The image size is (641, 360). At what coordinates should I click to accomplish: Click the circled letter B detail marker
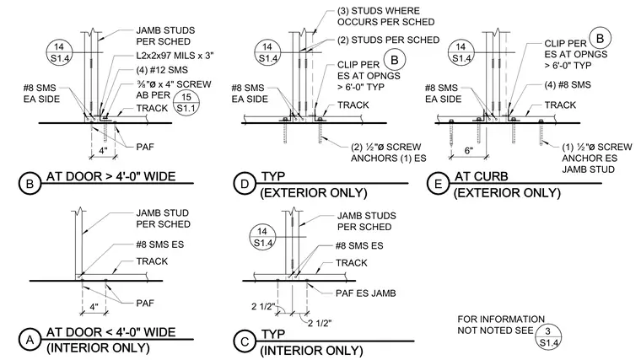(x=30, y=184)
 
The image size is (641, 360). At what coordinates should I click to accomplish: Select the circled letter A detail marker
(x=30, y=340)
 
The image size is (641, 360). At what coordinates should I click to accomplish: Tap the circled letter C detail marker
(x=245, y=341)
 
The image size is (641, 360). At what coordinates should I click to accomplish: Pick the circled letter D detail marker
(x=245, y=184)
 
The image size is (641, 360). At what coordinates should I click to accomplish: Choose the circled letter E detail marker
(x=438, y=184)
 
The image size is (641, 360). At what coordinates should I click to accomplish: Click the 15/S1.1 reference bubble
(x=186, y=103)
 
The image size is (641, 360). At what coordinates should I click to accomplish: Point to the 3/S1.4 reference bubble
(x=547, y=336)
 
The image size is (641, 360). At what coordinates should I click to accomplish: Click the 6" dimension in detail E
(x=468, y=150)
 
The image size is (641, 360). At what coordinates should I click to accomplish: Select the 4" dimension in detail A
(x=94, y=307)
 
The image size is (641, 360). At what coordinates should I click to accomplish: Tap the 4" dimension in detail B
(x=103, y=150)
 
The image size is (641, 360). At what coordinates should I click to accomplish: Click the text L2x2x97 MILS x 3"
(x=175, y=56)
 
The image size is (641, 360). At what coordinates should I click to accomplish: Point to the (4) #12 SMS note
(x=162, y=70)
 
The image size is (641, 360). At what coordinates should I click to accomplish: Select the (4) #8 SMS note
(x=568, y=84)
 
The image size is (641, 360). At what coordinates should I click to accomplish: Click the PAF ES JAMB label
(x=365, y=293)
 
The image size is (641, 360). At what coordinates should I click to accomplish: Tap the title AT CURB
(x=481, y=176)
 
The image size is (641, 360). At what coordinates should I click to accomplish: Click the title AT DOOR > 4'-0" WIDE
(x=110, y=176)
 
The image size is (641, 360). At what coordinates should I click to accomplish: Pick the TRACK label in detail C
(x=351, y=263)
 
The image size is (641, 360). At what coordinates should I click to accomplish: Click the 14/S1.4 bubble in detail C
(x=262, y=237)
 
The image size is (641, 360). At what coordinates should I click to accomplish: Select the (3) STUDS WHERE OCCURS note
(x=385, y=16)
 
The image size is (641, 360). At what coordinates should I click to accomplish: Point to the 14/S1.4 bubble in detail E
(x=461, y=52)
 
